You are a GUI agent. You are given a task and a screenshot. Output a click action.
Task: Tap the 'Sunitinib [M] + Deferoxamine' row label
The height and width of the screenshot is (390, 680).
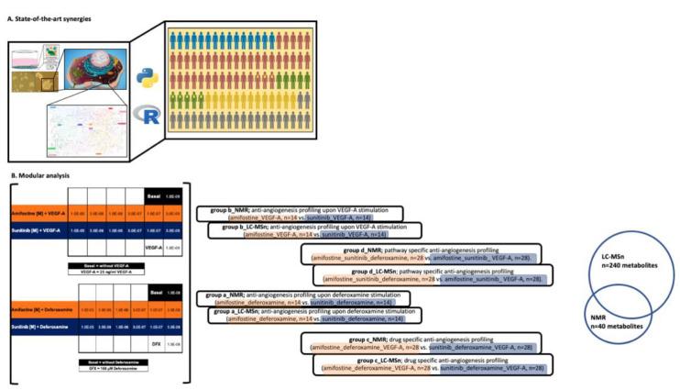(x=36, y=325)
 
